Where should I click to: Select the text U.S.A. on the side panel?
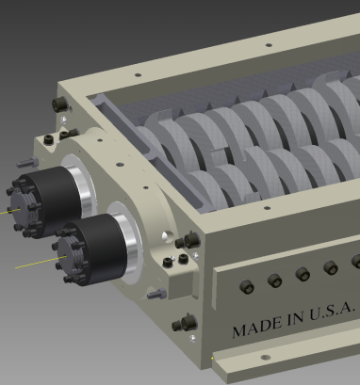coord(332,311)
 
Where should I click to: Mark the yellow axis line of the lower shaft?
coord(41,263)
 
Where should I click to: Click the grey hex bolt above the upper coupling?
coord(27,162)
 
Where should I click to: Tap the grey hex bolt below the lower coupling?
coord(156,294)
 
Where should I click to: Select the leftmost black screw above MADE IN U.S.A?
coord(247,286)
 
